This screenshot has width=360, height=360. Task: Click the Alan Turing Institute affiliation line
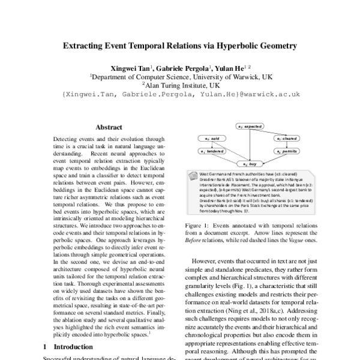(179, 85)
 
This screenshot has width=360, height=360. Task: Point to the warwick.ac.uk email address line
(179, 94)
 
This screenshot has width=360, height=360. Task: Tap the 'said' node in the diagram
(212, 139)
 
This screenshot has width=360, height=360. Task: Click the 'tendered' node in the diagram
(210, 151)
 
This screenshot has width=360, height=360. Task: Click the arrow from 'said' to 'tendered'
(212, 145)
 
